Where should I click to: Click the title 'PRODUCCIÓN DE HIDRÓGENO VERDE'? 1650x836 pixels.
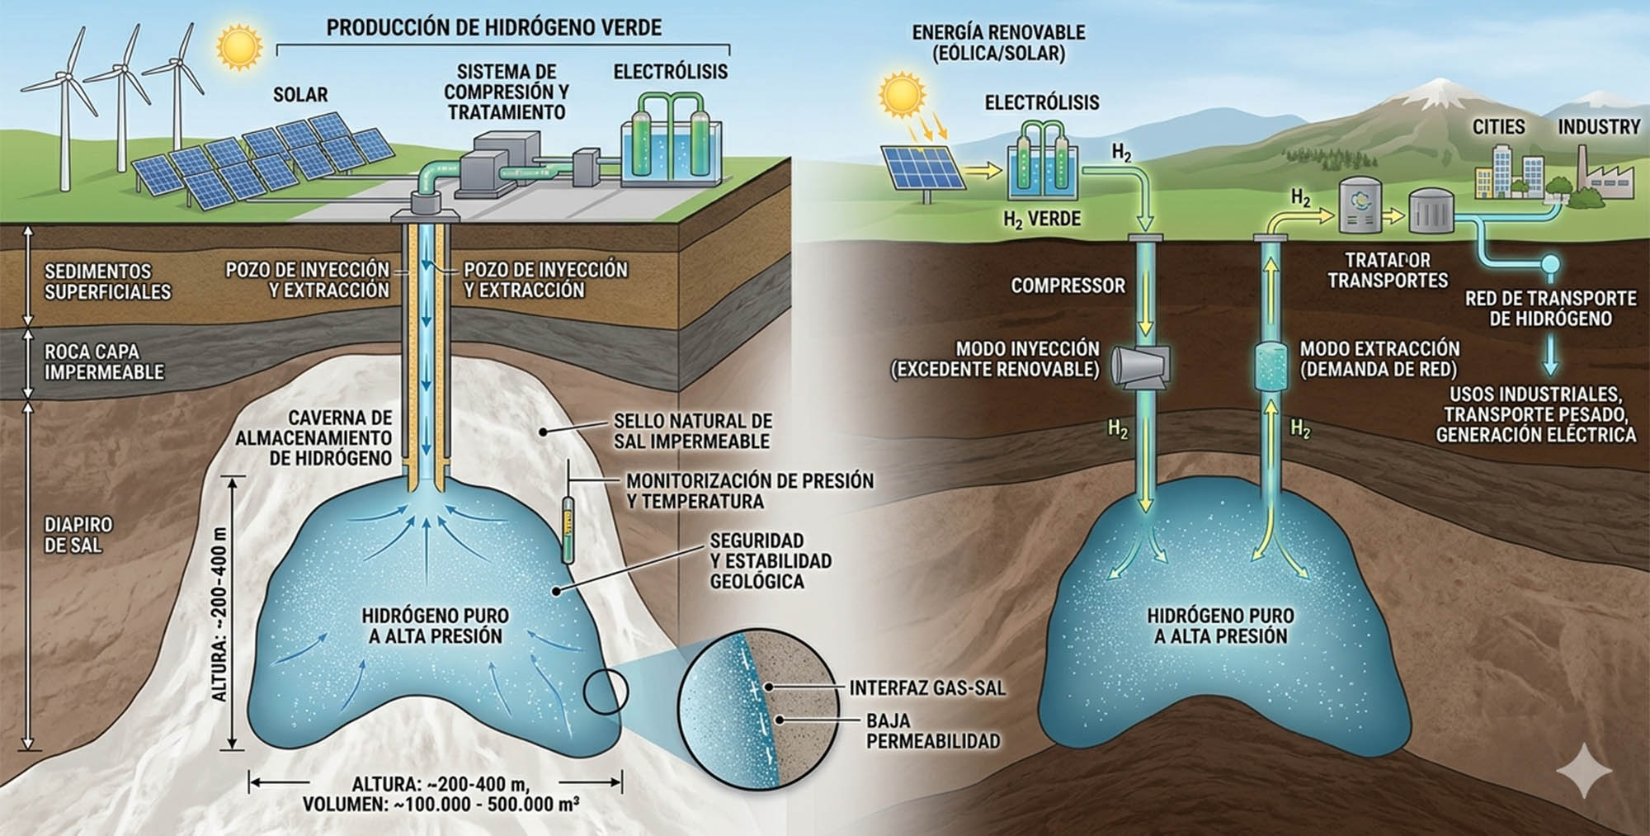point(493,27)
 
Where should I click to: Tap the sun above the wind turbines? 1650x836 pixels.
point(239,46)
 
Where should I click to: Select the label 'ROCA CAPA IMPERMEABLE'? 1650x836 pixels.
point(104,361)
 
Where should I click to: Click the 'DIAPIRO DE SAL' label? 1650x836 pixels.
point(78,535)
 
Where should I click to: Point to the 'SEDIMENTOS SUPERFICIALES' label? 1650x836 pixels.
point(107,281)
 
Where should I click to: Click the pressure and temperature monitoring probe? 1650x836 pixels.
point(568,528)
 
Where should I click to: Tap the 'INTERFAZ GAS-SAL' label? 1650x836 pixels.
point(927,687)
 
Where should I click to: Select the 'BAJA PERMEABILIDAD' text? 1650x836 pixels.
point(932,731)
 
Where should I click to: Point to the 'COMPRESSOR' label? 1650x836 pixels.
point(1068,286)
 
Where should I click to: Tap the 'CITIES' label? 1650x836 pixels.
point(1498,127)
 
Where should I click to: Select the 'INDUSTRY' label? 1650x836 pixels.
point(1599,127)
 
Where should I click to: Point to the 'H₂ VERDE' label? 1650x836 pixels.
point(1041,220)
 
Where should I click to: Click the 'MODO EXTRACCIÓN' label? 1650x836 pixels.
point(1379,348)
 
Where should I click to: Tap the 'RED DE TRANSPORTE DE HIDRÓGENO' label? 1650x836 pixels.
point(1550,308)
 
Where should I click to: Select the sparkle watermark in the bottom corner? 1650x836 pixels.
point(1584,771)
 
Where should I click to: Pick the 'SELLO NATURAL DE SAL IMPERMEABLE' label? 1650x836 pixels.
point(692,431)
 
